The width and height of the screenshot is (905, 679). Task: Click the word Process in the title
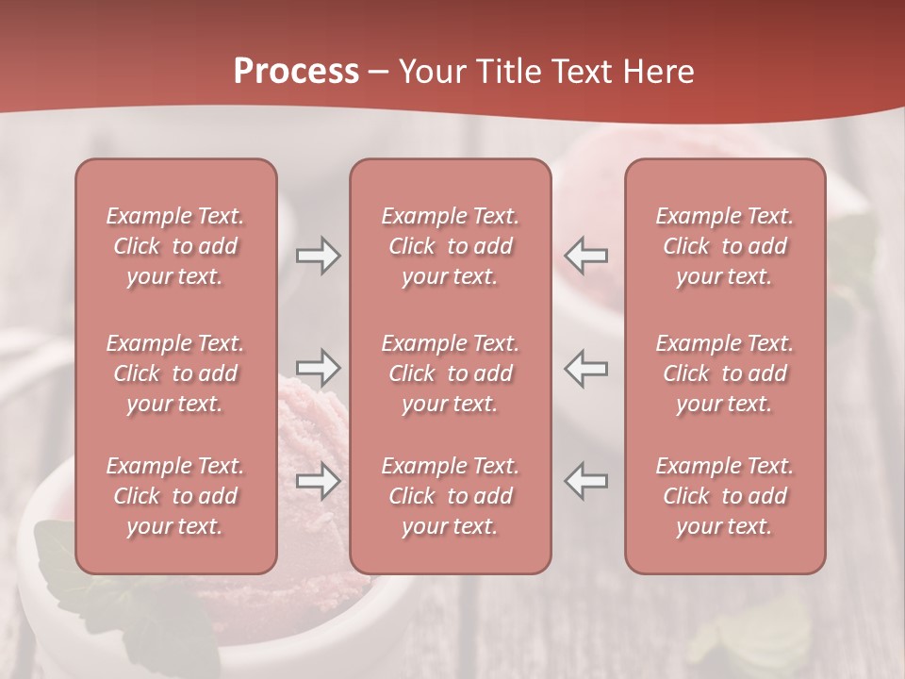point(296,72)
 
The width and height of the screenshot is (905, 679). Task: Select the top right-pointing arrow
point(318,256)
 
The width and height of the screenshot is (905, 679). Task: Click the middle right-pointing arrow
point(318,368)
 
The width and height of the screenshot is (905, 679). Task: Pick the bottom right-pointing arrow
point(318,481)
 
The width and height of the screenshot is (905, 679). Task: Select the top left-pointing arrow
point(586,256)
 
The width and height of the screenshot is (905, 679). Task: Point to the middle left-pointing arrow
point(586,368)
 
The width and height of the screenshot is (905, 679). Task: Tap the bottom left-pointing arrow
point(586,481)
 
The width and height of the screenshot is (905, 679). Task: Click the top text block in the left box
point(175,246)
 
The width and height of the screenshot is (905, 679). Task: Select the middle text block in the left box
point(175,373)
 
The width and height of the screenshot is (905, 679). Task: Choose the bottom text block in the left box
point(175,496)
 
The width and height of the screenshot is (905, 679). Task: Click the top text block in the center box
point(451,246)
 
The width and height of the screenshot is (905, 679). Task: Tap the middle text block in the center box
point(451,373)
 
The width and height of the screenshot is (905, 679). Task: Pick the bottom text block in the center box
point(451,496)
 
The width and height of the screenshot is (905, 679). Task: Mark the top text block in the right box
point(725,246)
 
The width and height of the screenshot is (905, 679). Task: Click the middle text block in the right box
point(725,373)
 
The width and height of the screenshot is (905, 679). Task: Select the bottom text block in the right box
point(725,496)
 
